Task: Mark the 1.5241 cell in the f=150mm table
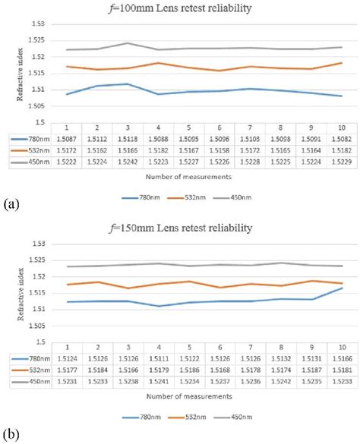tap(159, 381)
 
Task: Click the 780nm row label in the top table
tap(33, 139)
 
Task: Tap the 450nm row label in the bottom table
tap(33, 381)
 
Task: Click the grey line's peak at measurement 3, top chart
tap(128, 43)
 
